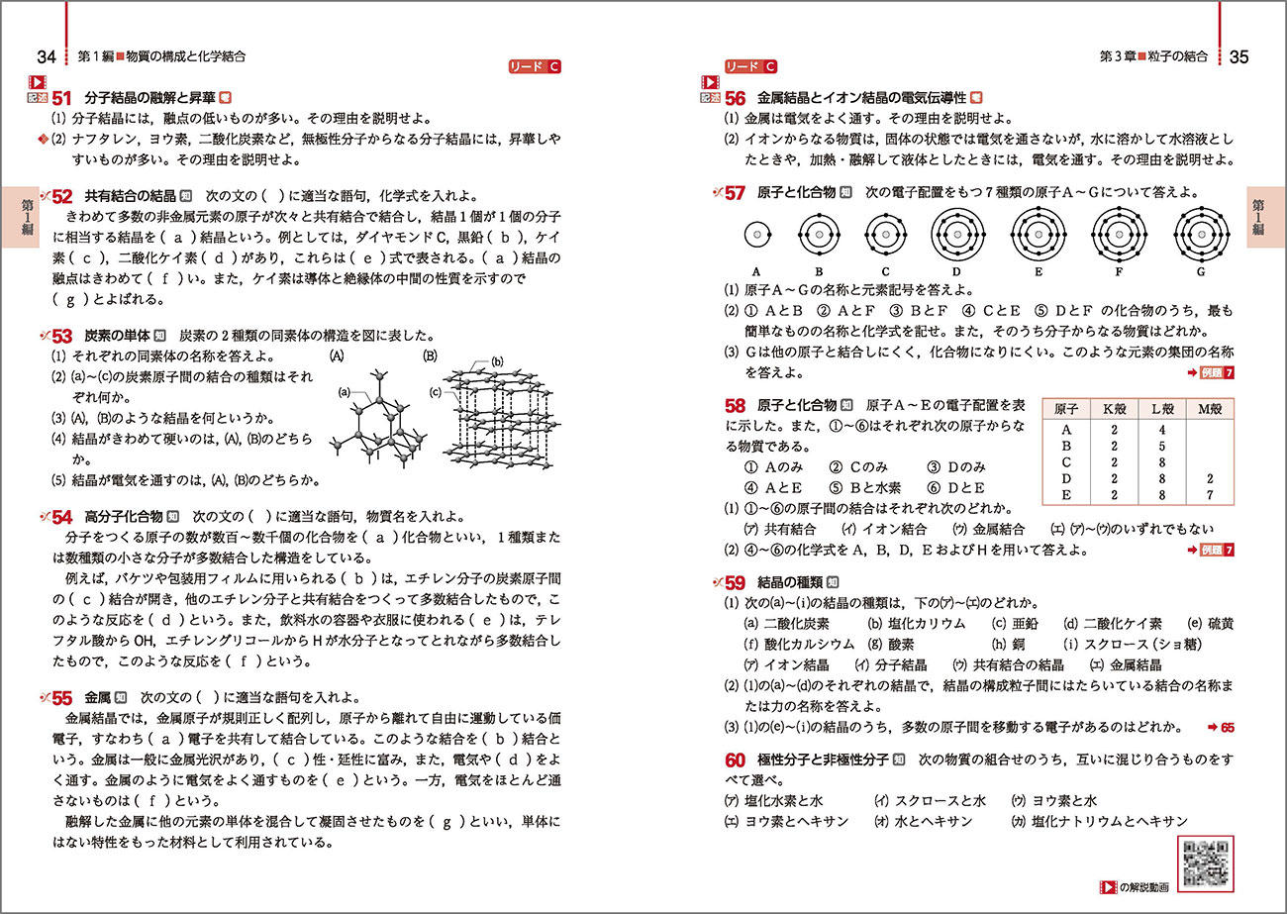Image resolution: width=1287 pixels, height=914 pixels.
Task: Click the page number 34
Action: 46,57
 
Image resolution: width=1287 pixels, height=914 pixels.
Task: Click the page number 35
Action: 1238,57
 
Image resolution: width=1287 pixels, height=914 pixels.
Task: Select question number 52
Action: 62,196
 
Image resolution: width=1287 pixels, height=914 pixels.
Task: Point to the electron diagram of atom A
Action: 756,236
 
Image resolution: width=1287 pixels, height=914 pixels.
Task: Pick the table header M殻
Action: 1209,409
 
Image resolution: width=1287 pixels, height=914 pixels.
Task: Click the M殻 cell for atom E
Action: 1209,495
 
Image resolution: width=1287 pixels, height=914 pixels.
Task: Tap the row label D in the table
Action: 1066,478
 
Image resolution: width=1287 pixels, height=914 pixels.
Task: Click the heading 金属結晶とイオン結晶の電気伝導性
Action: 860,98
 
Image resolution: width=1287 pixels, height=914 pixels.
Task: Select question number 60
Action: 735,761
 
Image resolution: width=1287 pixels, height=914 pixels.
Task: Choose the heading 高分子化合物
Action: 122,516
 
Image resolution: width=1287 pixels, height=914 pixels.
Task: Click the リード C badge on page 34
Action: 534,67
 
